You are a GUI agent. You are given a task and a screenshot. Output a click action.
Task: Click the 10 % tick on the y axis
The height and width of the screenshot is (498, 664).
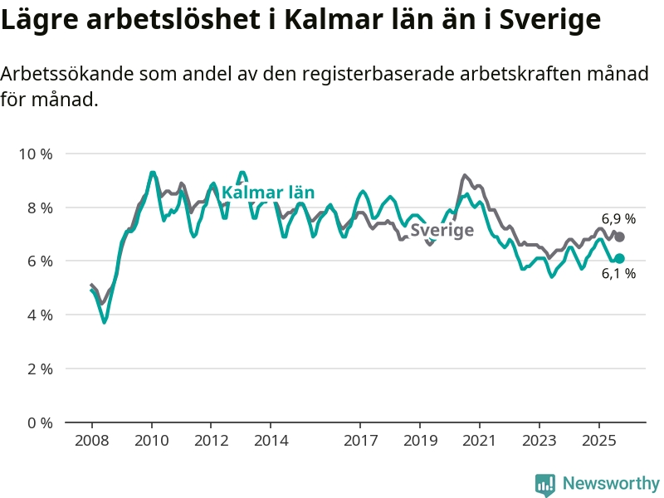[35, 154]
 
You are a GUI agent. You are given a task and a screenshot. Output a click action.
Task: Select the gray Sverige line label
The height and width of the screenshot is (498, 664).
[442, 230]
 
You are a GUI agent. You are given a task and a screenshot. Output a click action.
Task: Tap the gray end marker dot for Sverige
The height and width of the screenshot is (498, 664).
[619, 237]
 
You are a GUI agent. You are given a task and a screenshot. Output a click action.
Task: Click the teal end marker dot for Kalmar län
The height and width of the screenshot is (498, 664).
[619, 258]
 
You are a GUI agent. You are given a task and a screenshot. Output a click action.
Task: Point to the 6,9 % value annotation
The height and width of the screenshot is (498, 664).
[618, 219]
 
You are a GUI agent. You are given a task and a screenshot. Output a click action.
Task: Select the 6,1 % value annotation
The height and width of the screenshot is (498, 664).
[618, 274]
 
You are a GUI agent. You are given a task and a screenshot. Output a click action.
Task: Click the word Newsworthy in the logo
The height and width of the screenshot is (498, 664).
[611, 483]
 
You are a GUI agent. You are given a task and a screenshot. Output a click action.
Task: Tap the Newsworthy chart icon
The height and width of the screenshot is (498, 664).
[544, 484]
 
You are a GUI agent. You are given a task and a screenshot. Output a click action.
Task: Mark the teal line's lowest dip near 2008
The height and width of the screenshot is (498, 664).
[105, 322]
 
